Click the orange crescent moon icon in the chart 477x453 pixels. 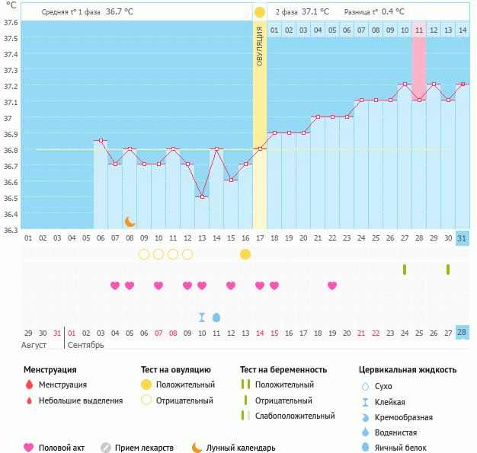pos(130,221)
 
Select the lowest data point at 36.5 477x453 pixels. pos(202,197)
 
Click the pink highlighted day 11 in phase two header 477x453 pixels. pos(419,30)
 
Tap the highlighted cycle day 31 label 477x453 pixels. pos(462,238)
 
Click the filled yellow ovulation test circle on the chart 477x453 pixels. pos(245,254)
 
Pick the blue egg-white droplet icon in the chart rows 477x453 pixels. pos(216,317)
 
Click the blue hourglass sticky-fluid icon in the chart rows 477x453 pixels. pos(202,317)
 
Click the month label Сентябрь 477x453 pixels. pos(86,345)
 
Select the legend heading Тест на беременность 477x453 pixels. pos(283,369)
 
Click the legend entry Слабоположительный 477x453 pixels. pos(294,416)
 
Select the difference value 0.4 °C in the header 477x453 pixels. pos(393,11)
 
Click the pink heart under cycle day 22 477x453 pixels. pos(332,286)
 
